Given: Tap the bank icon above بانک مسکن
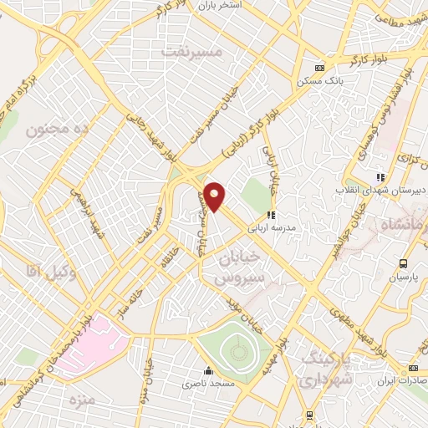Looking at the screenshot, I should [318, 68].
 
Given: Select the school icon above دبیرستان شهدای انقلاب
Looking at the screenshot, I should [380, 177].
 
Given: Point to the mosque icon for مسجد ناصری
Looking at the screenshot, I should [208, 370].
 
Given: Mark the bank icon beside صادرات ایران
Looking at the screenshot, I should [412, 369].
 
